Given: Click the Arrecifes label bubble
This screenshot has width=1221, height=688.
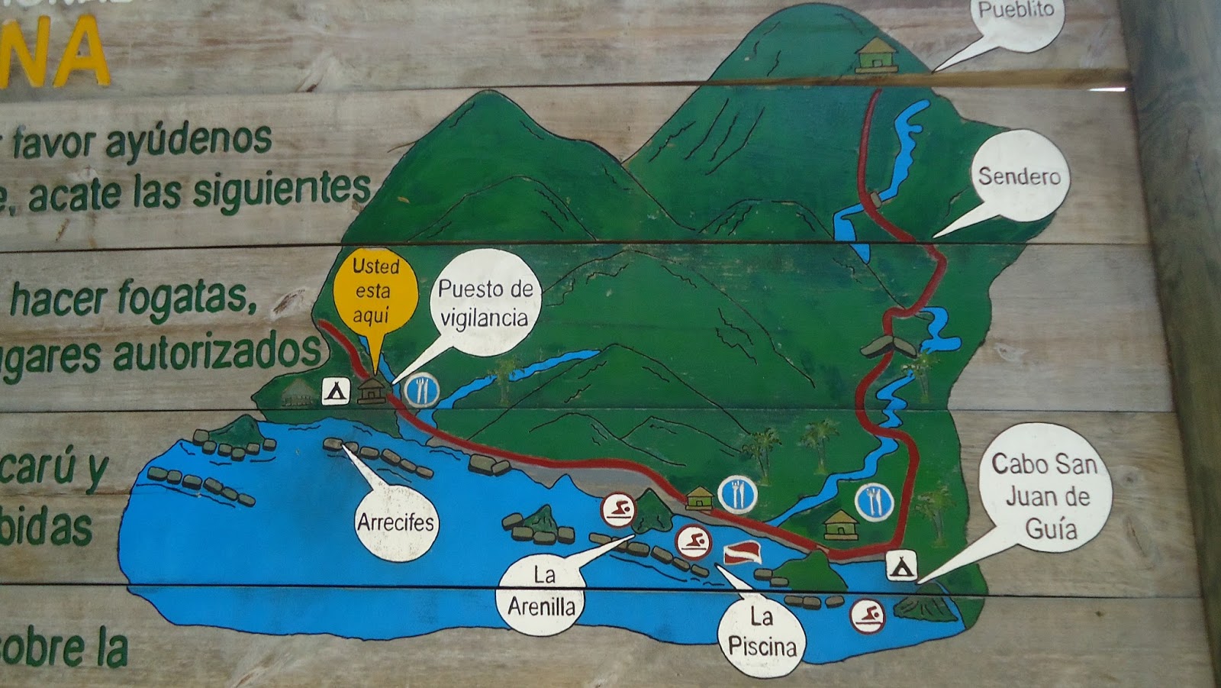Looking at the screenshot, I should (x=395, y=523).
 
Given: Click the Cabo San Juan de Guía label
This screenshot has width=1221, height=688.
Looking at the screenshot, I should (x=1045, y=497).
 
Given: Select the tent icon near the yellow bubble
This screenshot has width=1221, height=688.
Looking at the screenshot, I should (x=335, y=391).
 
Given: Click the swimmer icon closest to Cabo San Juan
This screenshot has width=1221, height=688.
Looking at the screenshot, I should (x=868, y=615).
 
